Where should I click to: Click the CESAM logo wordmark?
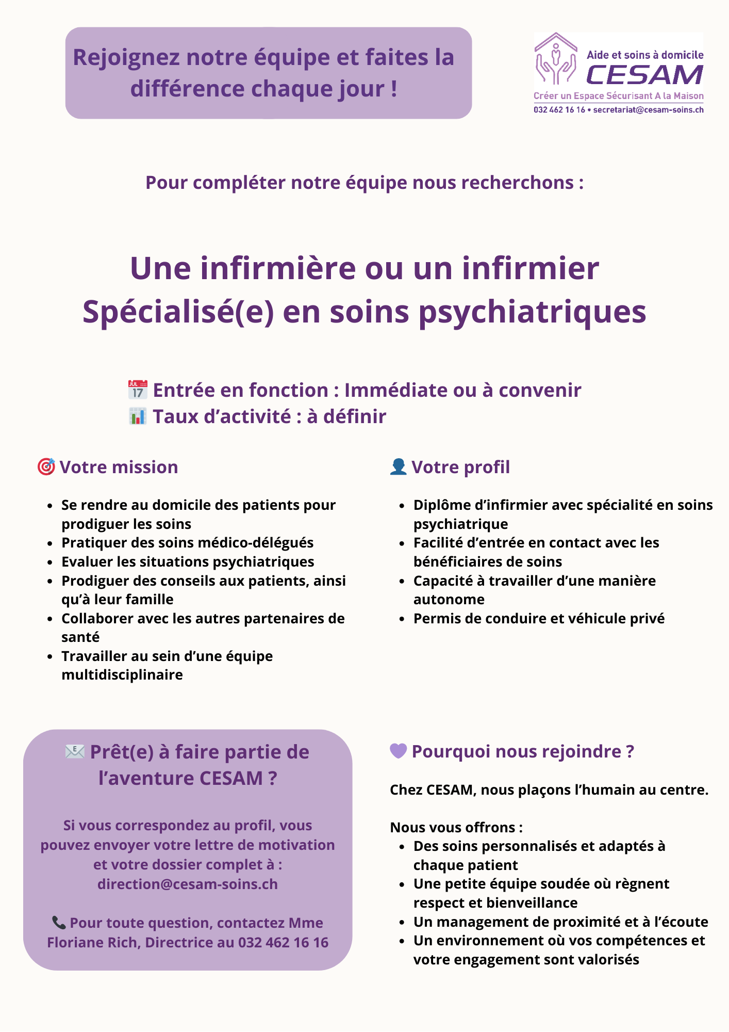644,75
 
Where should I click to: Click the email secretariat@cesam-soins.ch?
648,110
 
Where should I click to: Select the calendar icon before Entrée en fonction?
138,390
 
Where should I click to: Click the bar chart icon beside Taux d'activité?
138,416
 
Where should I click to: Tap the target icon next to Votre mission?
46,466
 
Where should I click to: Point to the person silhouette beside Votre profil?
398,466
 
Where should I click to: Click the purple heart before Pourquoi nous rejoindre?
398,751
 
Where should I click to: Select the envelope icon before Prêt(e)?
75,752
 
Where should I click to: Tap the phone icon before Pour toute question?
59,923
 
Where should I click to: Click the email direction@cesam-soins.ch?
188,884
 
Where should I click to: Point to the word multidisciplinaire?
122,675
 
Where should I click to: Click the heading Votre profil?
460,467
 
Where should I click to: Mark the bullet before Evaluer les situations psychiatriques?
50,562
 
